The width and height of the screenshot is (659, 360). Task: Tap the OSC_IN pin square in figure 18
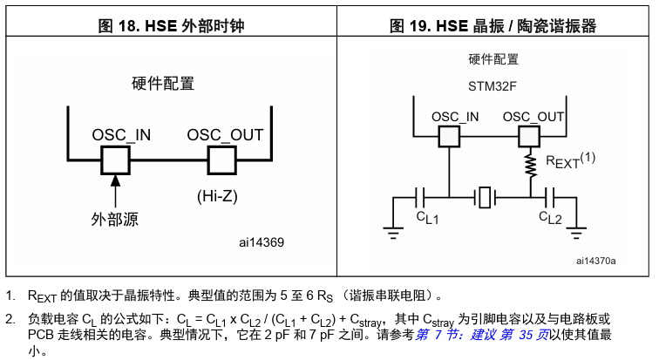coord(115,160)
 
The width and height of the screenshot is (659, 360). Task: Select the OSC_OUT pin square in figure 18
coord(221,160)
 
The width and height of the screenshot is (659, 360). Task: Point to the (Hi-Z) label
coord(214,196)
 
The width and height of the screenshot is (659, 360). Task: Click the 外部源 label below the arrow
coord(114,219)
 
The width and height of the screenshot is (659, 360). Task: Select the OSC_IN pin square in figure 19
coord(448,137)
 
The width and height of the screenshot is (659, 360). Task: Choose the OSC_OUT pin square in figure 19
coord(529,137)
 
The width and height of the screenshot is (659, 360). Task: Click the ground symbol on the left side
coord(394,232)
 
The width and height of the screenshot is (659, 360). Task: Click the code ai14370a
coord(595,260)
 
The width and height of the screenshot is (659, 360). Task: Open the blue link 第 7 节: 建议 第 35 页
coord(482,336)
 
